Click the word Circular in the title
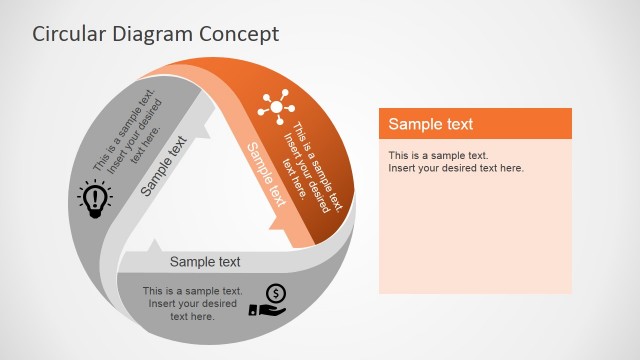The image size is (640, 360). tap(67, 34)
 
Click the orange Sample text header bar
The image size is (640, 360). tap(475, 124)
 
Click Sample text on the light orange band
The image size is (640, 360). tap(266, 174)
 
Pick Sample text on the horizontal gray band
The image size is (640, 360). tap(205, 262)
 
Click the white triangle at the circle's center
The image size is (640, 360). tap(215, 200)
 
